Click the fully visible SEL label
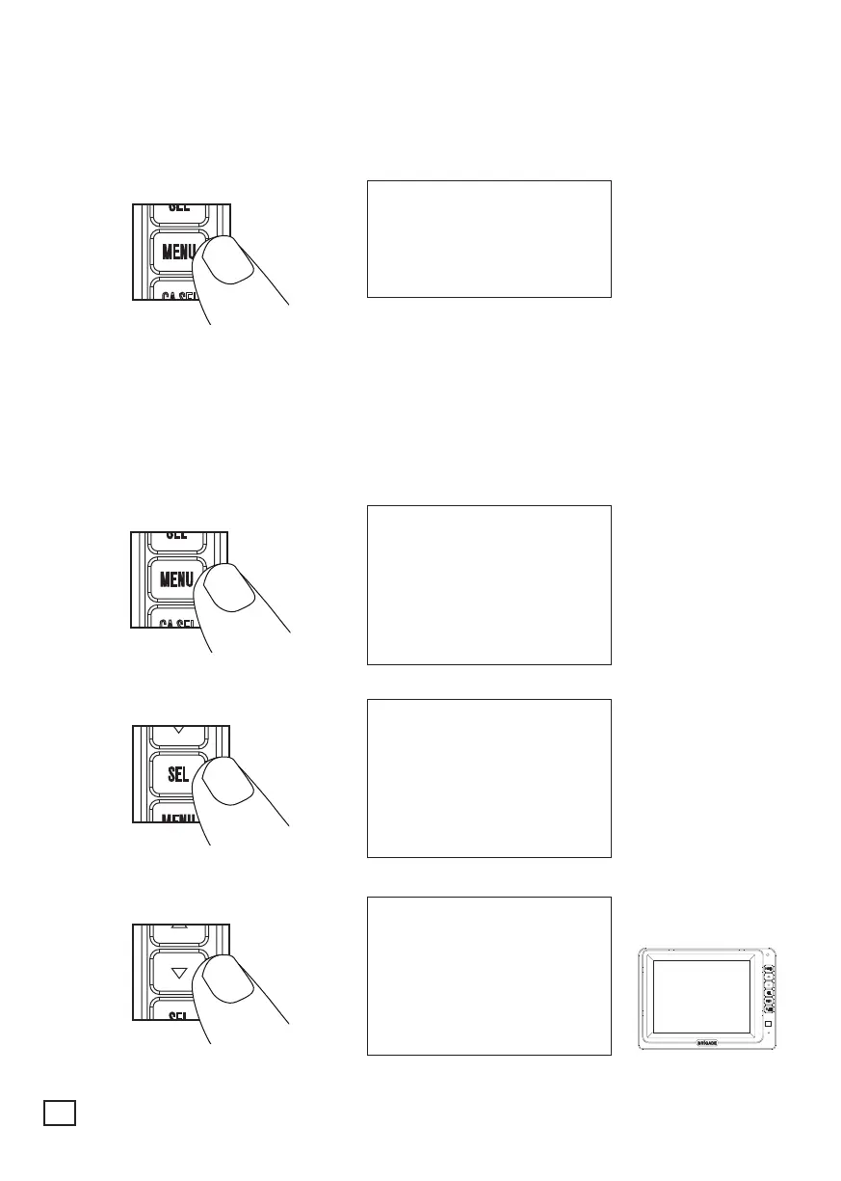pyautogui.click(x=178, y=774)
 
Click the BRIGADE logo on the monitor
pyautogui.click(x=707, y=1042)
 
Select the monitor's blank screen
pyautogui.click(x=701, y=996)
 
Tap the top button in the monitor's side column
pyautogui.click(x=769, y=967)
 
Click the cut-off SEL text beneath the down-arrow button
pyautogui.click(x=178, y=1016)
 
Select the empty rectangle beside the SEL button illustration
pyautogui.click(x=488, y=778)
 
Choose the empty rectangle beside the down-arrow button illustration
pyautogui.click(x=488, y=976)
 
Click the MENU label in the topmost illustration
pyautogui.click(x=178, y=254)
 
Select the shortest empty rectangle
pyautogui.click(x=488, y=238)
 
